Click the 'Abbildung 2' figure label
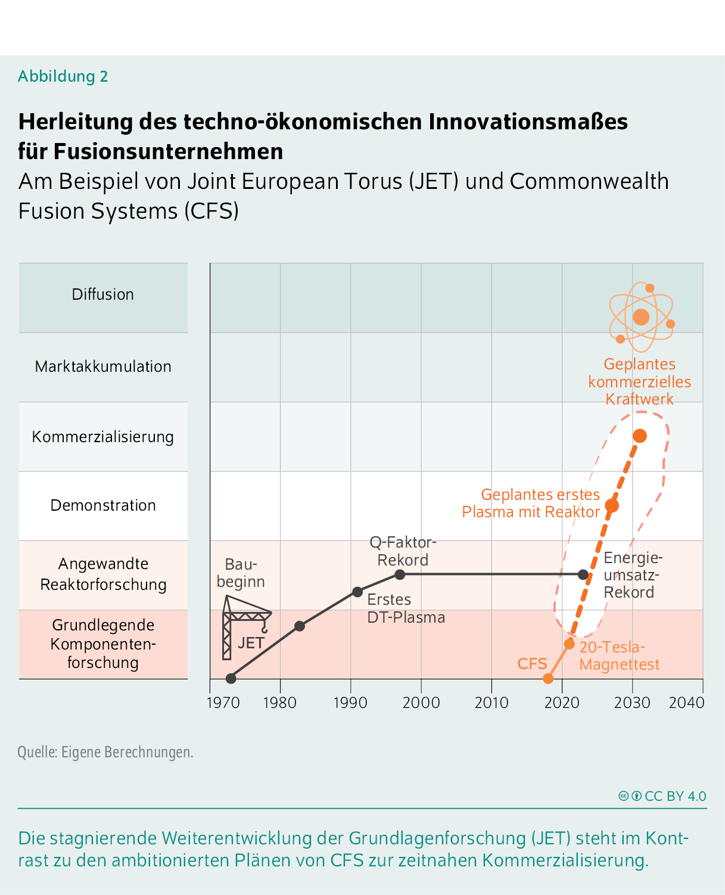(63, 76)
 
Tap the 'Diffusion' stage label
(103, 294)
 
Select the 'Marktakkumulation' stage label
(103, 366)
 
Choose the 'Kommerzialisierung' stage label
(103, 437)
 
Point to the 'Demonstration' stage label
(103, 505)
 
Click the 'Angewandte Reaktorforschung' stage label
(103, 574)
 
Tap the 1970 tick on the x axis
(223, 703)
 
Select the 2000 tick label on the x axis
(421, 703)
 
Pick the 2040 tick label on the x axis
(686, 703)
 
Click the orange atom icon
(641, 317)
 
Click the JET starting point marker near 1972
(231, 678)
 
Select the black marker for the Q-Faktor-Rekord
(400, 574)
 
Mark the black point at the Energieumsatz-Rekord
(583, 574)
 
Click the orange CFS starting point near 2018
(548, 678)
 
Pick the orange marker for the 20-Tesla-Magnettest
(570, 644)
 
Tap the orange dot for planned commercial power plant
(640, 436)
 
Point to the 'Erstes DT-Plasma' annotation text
(406, 608)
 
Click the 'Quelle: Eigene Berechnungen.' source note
(105, 752)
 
